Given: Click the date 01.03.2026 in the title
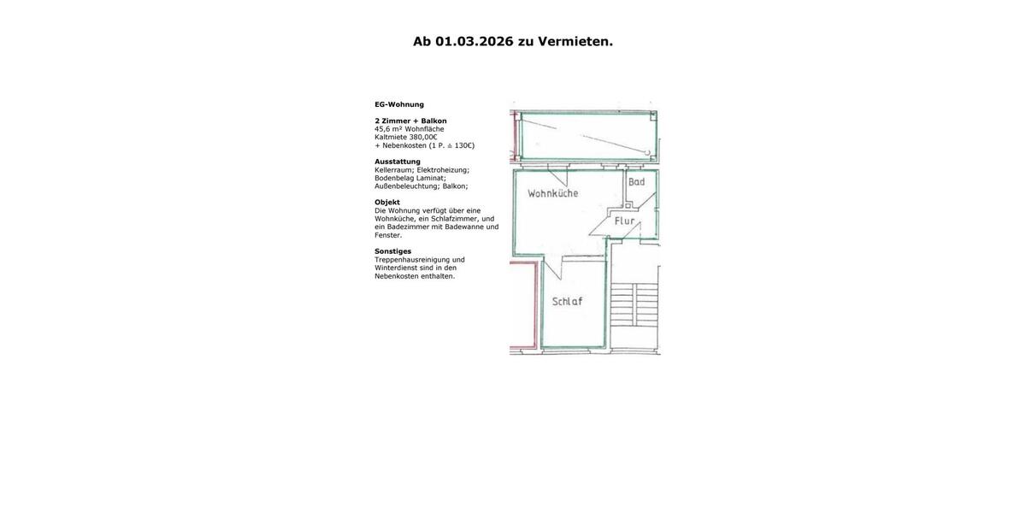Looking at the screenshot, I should [474, 41].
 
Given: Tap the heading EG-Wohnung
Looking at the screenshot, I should [399, 104].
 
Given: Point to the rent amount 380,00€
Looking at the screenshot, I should [423, 137].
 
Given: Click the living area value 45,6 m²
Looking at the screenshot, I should [388, 129].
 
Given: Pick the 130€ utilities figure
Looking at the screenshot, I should [463, 145].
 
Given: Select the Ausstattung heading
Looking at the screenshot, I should [398, 162].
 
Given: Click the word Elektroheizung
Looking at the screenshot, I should [443, 170].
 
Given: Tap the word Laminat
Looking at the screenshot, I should [430, 178].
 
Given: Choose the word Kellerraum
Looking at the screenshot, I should [394, 170].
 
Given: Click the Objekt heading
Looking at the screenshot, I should [387, 203].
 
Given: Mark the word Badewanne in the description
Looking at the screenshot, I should [463, 227].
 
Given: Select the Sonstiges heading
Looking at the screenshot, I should [392, 251].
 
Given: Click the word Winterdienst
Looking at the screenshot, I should [395, 268].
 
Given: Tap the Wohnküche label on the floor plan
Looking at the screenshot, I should [552, 193].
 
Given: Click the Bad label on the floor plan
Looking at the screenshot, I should [637, 182].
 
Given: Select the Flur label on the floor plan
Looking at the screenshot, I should [625, 221].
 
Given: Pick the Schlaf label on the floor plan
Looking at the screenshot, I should [567, 302].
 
